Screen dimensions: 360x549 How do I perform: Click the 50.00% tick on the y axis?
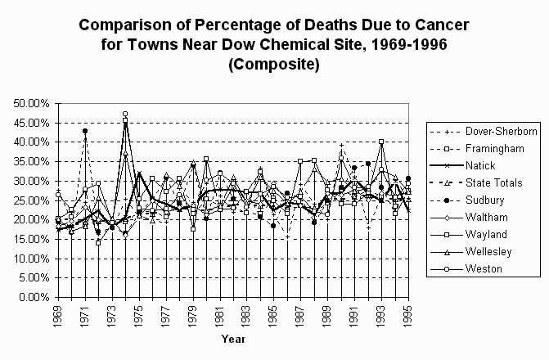32,103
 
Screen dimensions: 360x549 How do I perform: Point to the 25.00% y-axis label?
32,200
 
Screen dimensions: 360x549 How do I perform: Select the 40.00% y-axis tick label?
32,142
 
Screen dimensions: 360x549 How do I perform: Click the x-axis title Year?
232,338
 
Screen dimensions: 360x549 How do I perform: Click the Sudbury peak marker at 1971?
85,131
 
